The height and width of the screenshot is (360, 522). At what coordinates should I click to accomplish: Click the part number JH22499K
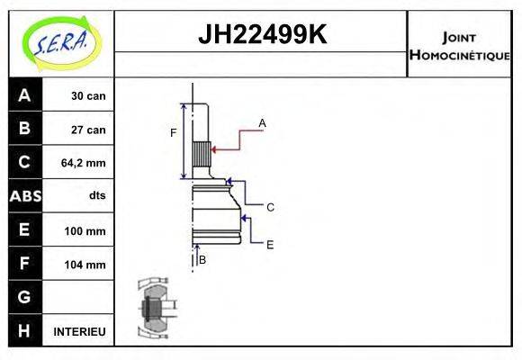pos(261,35)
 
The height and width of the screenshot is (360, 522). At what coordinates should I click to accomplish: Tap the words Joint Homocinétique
pos(459,46)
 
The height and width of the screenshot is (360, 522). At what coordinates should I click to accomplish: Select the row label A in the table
pos(24,94)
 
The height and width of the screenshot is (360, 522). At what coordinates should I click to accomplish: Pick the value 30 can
pos(88,95)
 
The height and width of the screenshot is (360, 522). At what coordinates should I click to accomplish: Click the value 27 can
pos(88,130)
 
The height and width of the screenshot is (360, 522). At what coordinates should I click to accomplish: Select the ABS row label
pos(24,196)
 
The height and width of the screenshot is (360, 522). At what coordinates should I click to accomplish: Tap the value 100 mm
pos(86,230)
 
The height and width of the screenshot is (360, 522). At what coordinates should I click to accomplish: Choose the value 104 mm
pos(86,265)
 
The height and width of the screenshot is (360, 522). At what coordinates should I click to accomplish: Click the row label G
pos(24,297)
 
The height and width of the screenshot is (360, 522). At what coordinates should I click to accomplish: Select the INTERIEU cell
pos(80,331)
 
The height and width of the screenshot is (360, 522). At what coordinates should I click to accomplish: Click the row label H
pos(24,331)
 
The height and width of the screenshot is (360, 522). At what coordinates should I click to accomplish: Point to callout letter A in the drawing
pos(262,122)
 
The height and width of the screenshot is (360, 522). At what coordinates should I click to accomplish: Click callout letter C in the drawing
pos(269,207)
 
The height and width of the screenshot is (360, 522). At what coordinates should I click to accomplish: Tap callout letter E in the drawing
pos(269,243)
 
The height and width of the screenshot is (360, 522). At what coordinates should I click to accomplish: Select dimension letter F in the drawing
pos(174,133)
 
